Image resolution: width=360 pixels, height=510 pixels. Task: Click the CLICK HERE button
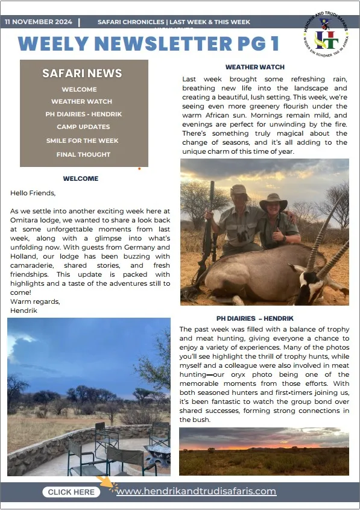pyautogui.click(x=71, y=492)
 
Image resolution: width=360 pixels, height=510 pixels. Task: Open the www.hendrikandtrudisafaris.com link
pyautogui.click(x=196, y=491)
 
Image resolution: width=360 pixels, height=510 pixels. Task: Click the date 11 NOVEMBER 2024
pyautogui.click(x=38, y=22)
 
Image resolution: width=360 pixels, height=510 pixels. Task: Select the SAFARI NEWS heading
pyautogui.click(x=82, y=74)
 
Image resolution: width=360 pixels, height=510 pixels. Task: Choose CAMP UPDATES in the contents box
pyautogui.click(x=83, y=127)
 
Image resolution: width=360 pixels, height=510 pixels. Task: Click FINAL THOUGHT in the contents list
pyautogui.click(x=83, y=154)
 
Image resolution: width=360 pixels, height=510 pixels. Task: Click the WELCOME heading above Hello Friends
pyautogui.click(x=80, y=178)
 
